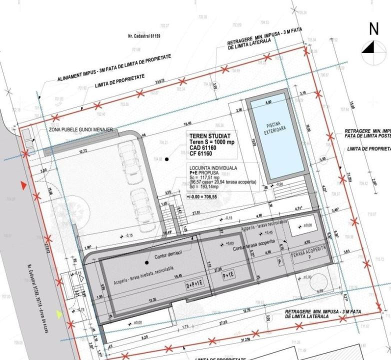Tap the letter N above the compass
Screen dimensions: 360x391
pyautogui.click(x=373, y=29)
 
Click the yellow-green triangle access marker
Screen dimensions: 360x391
pyautogui.click(x=59, y=314)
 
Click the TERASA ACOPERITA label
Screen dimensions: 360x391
pyautogui.click(x=309, y=248)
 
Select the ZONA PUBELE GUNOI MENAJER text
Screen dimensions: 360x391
pyautogui.click(x=80, y=130)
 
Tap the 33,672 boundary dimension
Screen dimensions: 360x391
pyautogui.click(x=160, y=81)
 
